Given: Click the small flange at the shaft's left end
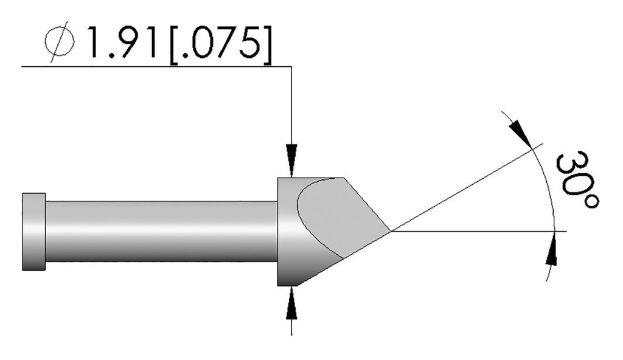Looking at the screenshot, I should pyautogui.click(x=33, y=231).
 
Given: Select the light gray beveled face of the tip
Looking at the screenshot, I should pyautogui.click(x=341, y=213).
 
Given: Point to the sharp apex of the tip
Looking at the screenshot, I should pyautogui.click(x=391, y=231).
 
